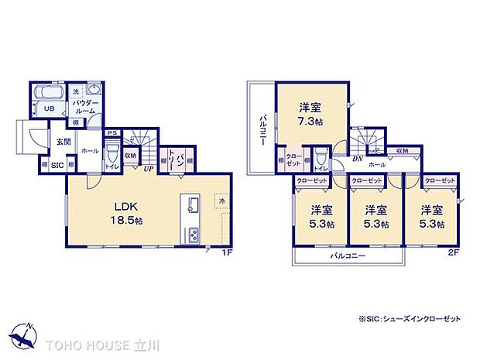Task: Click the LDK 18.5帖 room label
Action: tap(128, 211)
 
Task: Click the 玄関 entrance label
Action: tap(62, 142)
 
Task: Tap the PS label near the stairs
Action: tap(112, 132)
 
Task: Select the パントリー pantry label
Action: tap(179, 161)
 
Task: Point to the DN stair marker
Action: tap(358, 159)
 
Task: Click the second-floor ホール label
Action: tap(376, 165)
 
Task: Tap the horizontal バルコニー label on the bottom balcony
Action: tap(348, 255)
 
